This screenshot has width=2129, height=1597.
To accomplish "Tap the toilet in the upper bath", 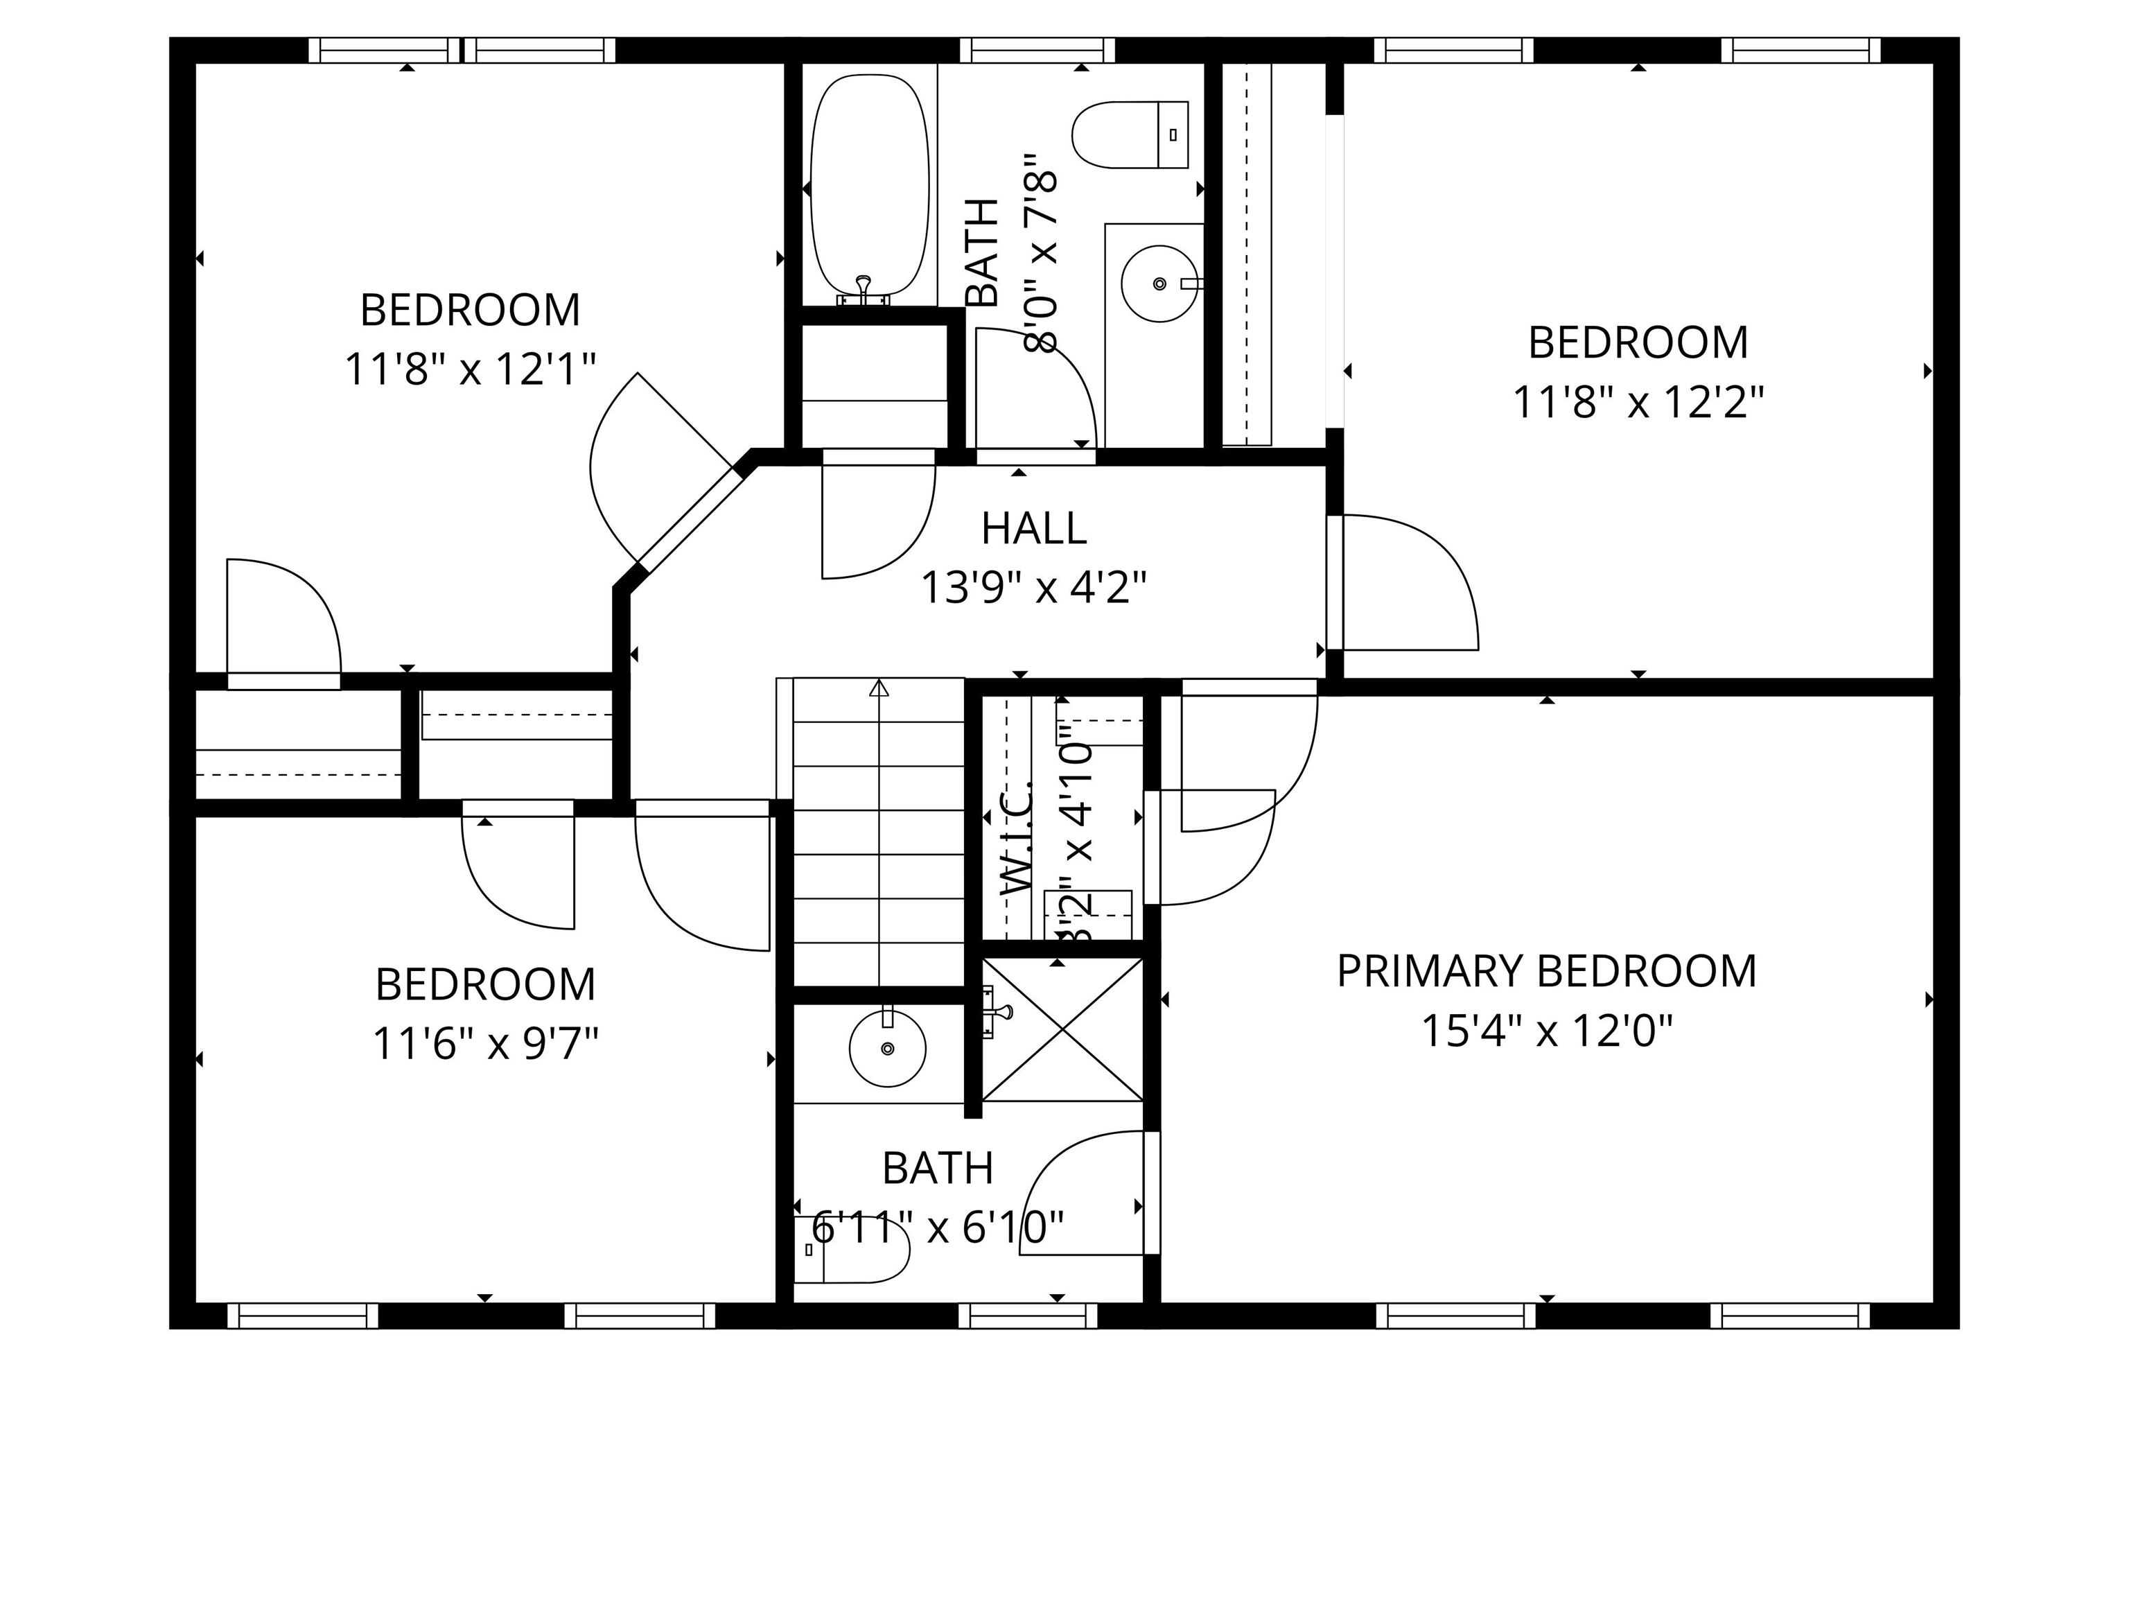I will pos(1130,134).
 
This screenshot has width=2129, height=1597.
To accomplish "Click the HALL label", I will pos(1034,528).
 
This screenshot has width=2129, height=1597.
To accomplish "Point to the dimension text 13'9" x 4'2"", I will pos(1034,587).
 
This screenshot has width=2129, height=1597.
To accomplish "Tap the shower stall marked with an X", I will pos(1062,1029).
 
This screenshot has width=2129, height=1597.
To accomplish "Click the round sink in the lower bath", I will pos(887,1048).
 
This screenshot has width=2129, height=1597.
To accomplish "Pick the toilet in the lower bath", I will pos(852,1250).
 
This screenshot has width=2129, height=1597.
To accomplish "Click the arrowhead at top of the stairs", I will pos(879,688).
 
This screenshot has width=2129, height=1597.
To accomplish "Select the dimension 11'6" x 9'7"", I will pos(485,1043).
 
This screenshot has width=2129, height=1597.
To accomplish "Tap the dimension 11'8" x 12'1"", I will pos(470,369).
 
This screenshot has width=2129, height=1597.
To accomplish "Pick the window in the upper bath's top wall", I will pos(1037,50).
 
